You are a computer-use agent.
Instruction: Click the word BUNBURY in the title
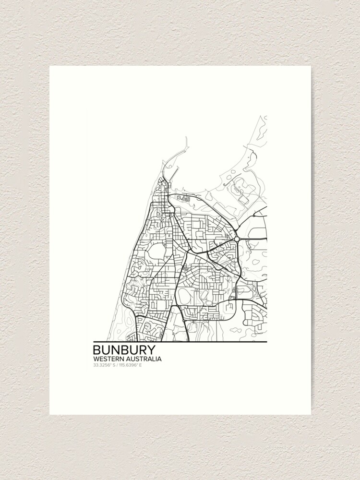(x=124, y=349)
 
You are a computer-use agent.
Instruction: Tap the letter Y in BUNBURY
(x=150, y=349)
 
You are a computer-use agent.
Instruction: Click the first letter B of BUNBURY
(x=97, y=349)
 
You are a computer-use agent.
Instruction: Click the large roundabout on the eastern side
(x=237, y=239)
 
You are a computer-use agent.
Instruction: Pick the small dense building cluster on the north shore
(x=184, y=198)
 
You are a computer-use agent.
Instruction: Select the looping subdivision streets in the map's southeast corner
(x=252, y=314)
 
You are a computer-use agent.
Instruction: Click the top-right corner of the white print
(x=311, y=66)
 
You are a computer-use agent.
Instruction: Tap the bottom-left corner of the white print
(x=50, y=414)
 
